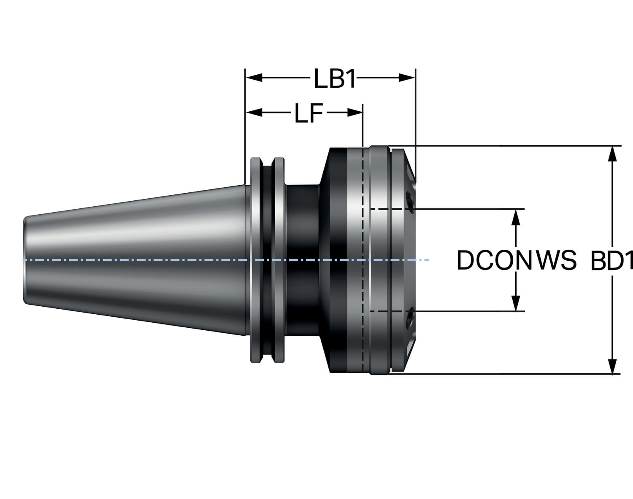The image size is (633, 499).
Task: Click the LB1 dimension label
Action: (x=335, y=78)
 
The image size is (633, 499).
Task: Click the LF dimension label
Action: (x=309, y=113)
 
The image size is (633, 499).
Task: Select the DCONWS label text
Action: (x=517, y=260)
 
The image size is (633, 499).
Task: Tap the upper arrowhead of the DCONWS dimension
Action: (x=515, y=217)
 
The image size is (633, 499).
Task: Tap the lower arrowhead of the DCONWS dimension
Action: (x=515, y=303)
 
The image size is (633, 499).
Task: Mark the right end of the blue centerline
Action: (x=428, y=260)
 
